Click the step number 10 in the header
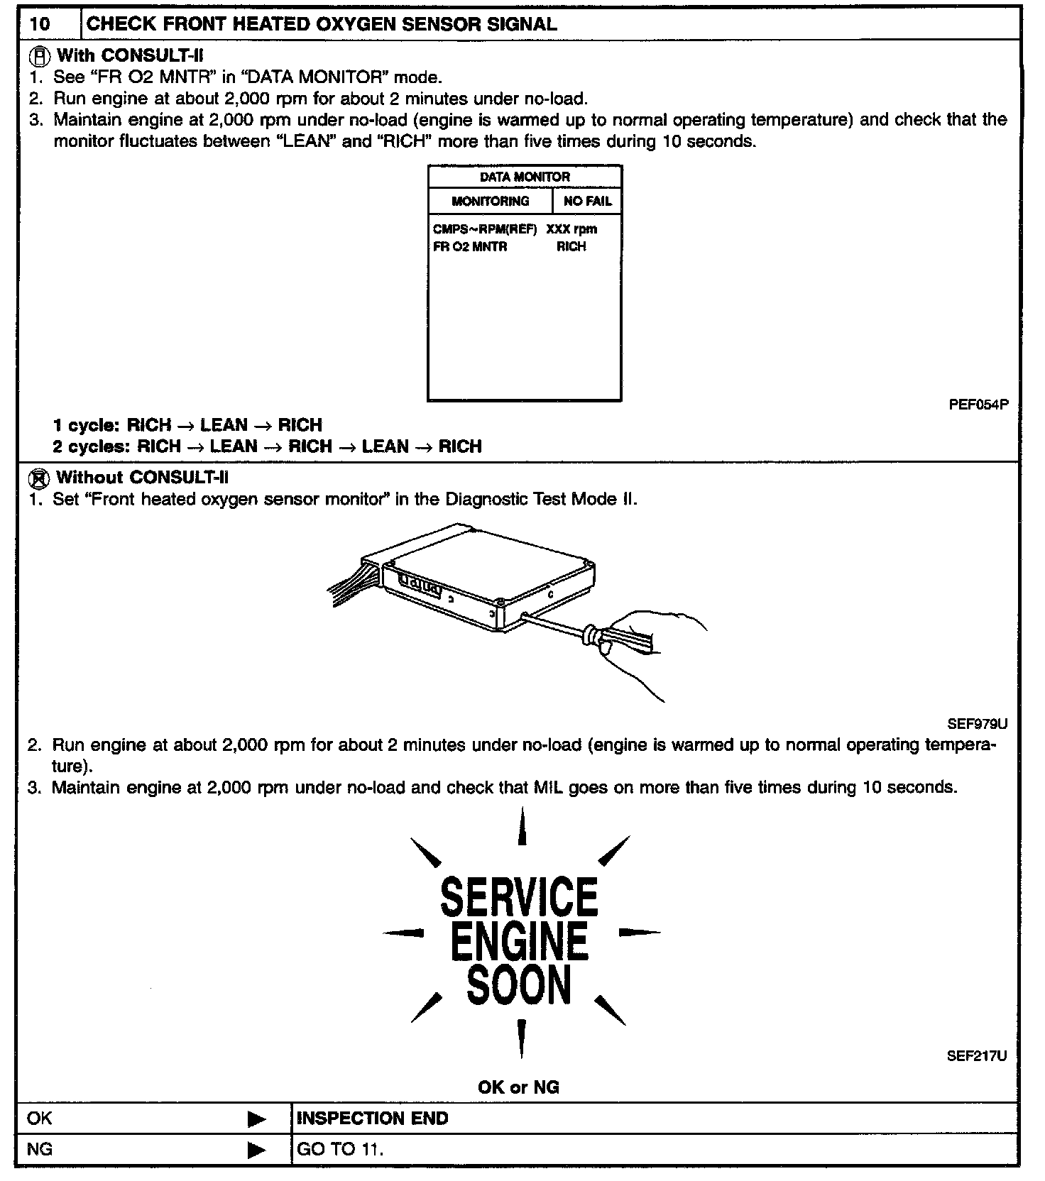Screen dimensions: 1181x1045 40,23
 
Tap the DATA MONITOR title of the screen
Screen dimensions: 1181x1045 525,177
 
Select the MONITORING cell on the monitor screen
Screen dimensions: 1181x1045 490,201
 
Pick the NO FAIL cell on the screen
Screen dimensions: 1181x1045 587,201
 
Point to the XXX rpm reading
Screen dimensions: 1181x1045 571,229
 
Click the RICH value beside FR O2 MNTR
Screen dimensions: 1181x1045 571,246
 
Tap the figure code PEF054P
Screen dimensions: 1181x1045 978,405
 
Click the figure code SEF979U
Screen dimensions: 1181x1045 977,724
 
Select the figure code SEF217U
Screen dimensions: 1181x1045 977,1055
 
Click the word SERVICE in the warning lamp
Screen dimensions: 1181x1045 519,896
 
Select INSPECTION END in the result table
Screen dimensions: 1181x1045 372,1119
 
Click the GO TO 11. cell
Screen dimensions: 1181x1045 340,1149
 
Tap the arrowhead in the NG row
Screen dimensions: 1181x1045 256,1150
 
